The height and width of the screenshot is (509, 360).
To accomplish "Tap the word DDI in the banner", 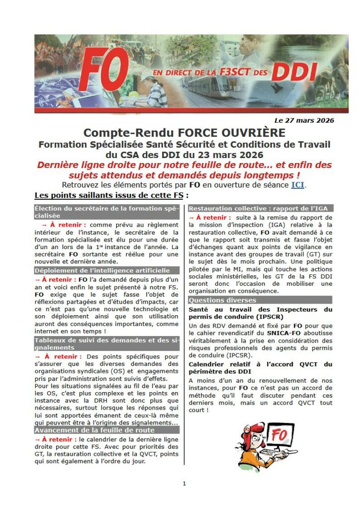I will tap(294, 73).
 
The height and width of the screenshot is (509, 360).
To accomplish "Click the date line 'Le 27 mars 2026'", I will tap(304, 120).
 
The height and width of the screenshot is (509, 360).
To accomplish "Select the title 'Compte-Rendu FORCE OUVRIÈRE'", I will tap(184, 133).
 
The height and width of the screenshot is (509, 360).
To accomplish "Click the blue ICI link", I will tap(297, 185).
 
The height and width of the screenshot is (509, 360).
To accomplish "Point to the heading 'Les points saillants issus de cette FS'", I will tap(109, 195).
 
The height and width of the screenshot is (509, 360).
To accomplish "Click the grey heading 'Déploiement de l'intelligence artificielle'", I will tap(102, 270).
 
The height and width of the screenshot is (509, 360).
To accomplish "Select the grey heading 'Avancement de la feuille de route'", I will tap(94, 429).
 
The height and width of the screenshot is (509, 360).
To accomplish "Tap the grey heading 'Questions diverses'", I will tap(222, 300).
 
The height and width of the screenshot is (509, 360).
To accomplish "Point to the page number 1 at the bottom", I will tap(184, 483).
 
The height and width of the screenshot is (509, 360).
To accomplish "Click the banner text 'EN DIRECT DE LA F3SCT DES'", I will tap(209, 73).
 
